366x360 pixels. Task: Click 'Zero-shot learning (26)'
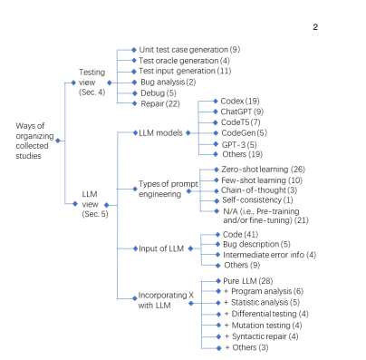tap(262, 169)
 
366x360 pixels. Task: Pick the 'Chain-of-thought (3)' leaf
tap(257, 190)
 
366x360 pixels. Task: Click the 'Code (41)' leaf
tap(237, 234)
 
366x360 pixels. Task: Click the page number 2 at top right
tap(315, 27)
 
